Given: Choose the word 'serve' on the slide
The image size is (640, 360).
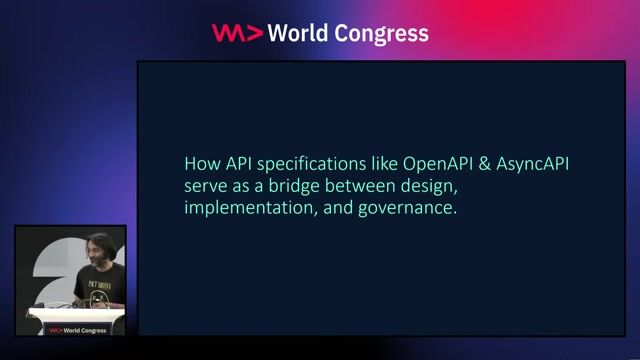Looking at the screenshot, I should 205,186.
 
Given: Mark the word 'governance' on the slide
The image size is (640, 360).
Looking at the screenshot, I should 408,209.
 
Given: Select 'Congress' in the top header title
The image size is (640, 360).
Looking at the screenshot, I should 384,33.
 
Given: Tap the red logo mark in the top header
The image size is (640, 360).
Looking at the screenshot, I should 237,33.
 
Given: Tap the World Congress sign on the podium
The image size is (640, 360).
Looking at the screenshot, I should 75,328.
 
